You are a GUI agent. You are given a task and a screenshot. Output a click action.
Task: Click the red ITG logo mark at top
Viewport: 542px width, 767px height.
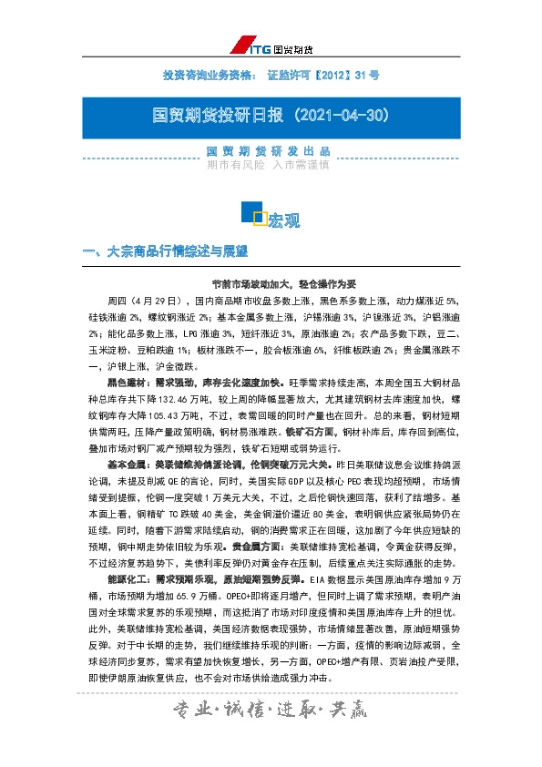click(x=244, y=46)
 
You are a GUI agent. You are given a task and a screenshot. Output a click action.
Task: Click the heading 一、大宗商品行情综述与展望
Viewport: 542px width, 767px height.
click(x=165, y=251)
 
